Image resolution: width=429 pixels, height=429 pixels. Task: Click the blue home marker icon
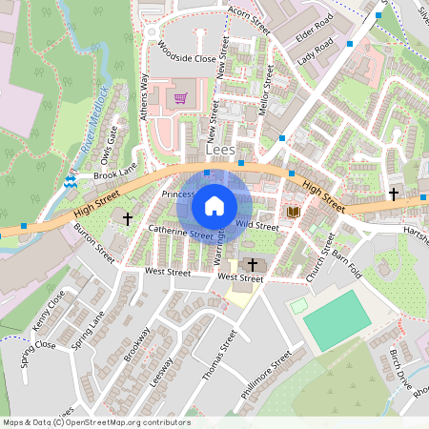point(214,206)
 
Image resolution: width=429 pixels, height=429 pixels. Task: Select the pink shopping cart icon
point(180,97)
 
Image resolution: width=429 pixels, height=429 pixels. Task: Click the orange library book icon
point(294,211)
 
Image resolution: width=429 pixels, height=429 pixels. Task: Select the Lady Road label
point(316,51)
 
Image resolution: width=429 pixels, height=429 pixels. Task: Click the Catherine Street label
point(180,232)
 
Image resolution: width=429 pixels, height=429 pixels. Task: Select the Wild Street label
point(256,226)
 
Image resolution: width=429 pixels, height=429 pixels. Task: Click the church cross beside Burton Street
point(128,218)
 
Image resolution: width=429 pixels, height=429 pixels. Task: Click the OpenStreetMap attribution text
point(95,422)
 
